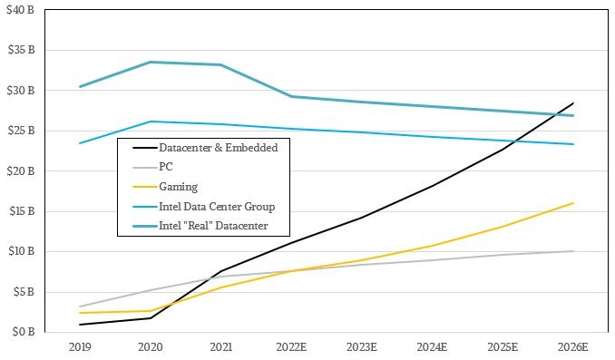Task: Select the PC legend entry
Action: [x=164, y=167]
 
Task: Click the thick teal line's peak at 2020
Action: [x=150, y=62]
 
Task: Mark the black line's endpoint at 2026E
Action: [x=572, y=103]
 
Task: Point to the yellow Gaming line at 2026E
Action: [x=572, y=203]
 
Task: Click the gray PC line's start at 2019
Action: [x=80, y=306]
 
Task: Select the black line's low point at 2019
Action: [x=80, y=325]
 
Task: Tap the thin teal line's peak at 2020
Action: [x=150, y=122]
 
